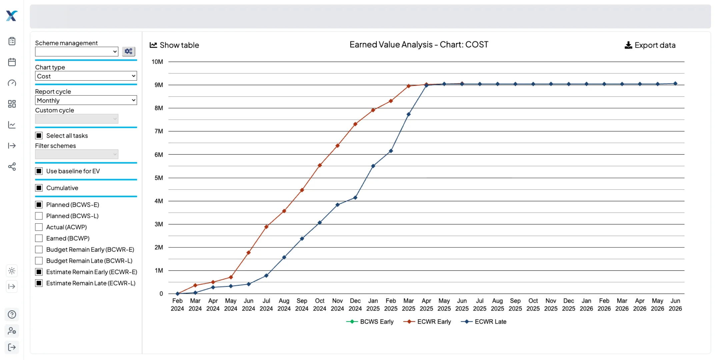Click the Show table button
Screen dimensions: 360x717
174,45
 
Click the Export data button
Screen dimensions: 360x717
650,45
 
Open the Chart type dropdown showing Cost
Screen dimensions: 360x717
86,76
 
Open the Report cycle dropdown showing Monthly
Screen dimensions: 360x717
86,100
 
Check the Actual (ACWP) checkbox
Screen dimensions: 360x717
39,227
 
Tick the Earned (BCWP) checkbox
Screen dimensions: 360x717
39,238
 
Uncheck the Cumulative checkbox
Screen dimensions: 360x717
39,188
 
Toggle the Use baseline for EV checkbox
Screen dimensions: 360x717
39,171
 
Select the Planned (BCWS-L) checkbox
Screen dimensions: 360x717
39,216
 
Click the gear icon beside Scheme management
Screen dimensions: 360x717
129,51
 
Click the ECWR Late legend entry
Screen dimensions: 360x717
484,322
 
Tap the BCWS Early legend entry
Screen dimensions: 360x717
370,322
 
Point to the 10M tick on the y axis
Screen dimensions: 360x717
157,62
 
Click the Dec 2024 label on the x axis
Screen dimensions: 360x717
355,305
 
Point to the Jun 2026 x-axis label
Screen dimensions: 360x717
675,305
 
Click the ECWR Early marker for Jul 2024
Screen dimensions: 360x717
266,227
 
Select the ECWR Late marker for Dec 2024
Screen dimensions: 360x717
355,198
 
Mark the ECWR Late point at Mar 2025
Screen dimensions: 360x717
409,114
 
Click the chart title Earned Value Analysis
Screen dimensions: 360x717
419,45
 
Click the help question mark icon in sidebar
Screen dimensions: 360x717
12,314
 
